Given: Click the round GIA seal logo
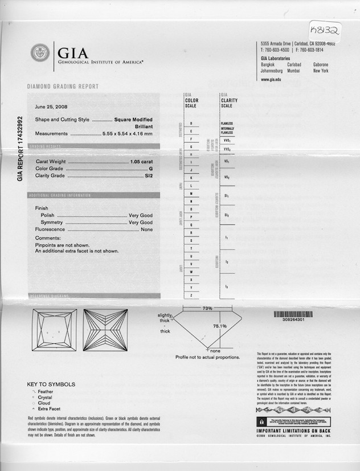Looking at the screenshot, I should tap(40, 53).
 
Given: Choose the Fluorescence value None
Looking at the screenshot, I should tap(146, 230).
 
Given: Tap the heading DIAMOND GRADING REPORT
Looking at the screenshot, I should tap(63, 87).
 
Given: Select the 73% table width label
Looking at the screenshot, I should tap(208, 308).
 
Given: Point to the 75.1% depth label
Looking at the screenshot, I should tap(220, 326).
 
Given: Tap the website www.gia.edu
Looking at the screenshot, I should tap(271, 79).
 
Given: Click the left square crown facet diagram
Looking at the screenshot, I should tap(55, 330).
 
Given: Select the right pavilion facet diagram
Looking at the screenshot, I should tap(105, 330).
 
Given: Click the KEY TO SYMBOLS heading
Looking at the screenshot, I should tap(51, 384).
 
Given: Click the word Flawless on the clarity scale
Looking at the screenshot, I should tap(227, 124).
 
